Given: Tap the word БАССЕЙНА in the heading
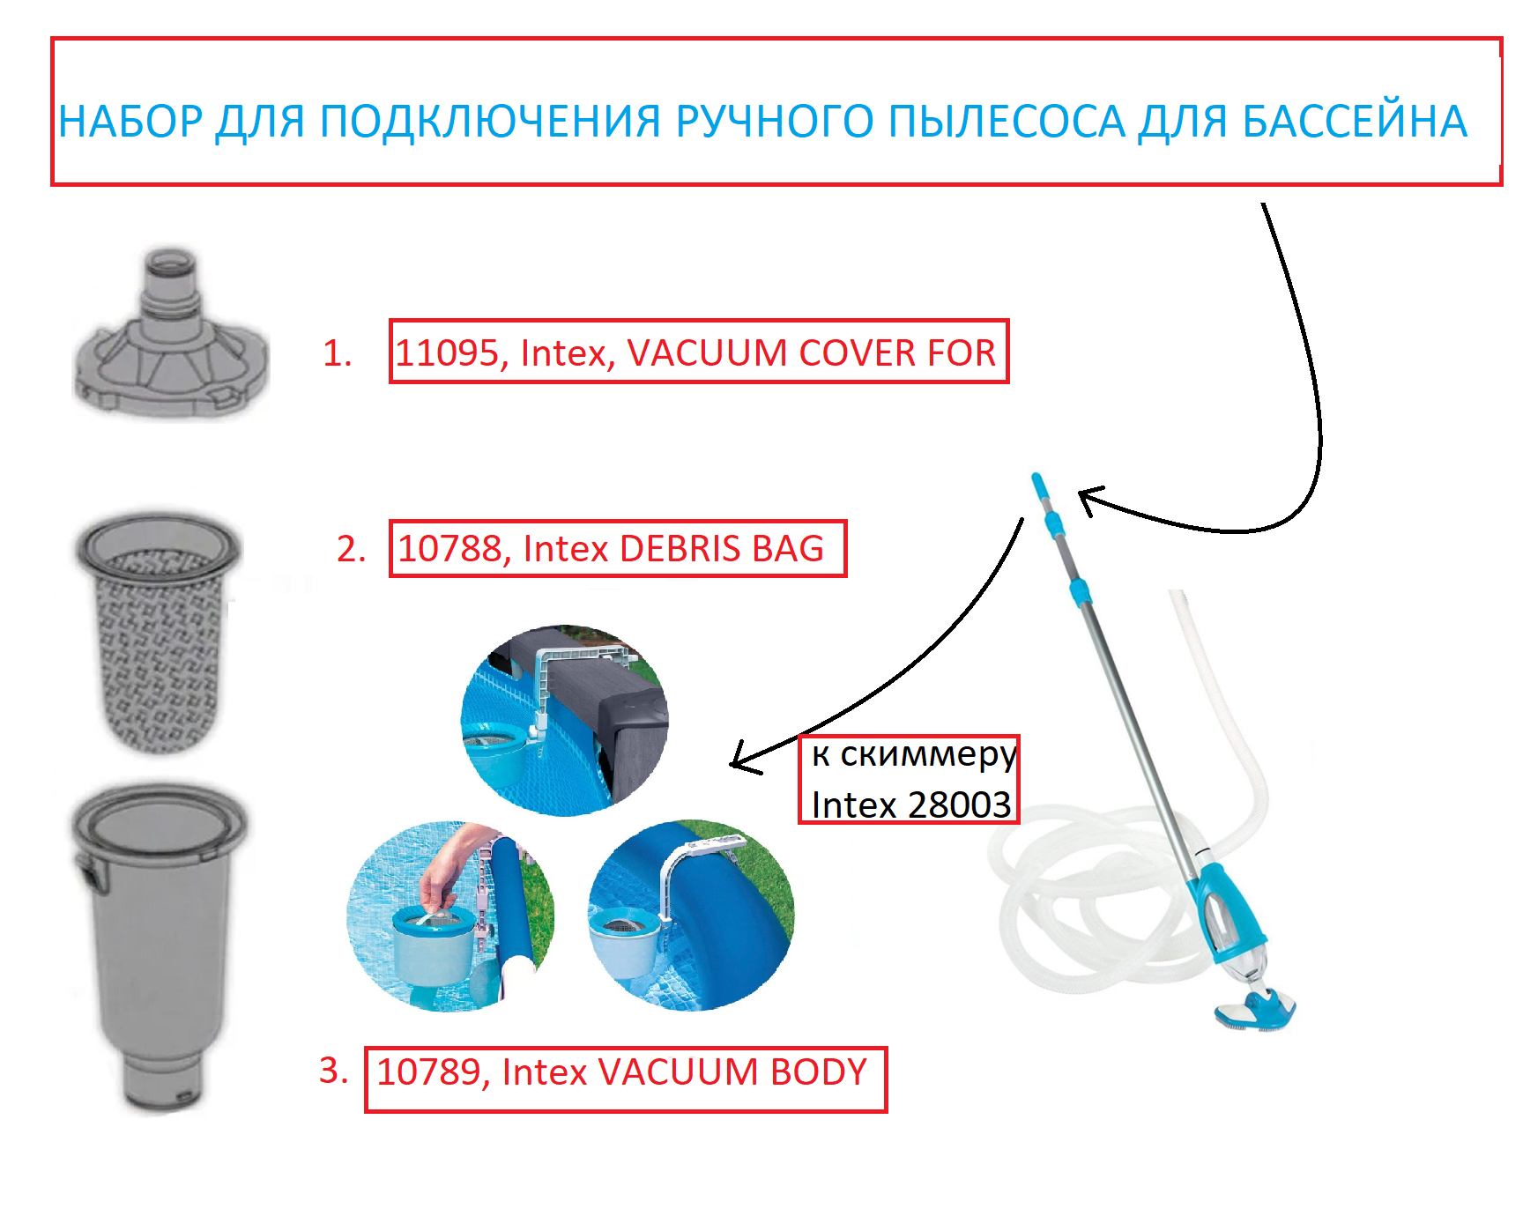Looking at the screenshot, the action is click(1355, 122).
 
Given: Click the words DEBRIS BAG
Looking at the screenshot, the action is click(722, 549).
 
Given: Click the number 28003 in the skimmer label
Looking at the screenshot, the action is click(959, 804).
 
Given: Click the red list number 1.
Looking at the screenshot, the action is click(337, 353).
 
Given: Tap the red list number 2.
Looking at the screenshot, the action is click(351, 549).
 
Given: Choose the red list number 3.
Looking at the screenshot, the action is click(333, 1071).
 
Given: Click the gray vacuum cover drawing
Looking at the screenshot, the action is click(170, 335).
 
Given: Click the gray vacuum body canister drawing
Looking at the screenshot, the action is click(159, 947).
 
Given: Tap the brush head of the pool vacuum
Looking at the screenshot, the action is click(1256, 1009).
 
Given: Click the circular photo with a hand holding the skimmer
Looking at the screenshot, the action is click(451, 916).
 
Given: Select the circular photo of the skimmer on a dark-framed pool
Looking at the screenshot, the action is click(565, 721).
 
